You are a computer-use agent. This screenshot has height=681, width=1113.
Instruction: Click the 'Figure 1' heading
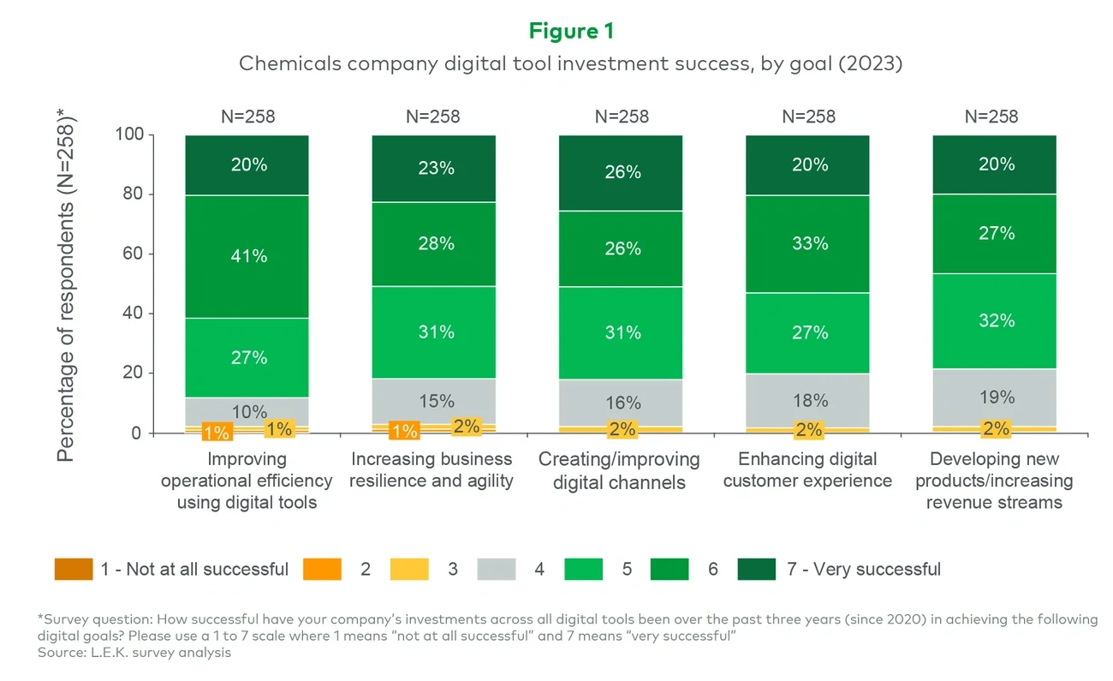pyautogui.click(x=571, y=31)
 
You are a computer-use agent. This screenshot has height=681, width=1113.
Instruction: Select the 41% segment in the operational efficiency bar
pyautogui.click(x=247, y=256)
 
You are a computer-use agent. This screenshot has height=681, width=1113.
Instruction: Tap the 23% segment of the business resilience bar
pyautogui.click(x=434, y=169)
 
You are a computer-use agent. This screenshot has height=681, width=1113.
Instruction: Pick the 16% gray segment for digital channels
pyautogui.click(x=621, y=403)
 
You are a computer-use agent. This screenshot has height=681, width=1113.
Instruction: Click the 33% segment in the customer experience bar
pyautogui.click(x=807, y=244)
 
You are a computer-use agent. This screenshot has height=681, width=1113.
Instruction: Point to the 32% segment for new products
pyautogui.click(x=994, y=320)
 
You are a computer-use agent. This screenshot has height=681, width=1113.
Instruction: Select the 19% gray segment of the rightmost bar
pyautogui.click(x=994, y=397)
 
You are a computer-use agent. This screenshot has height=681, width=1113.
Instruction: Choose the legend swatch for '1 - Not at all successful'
pyautogui.click(x=73, y=570)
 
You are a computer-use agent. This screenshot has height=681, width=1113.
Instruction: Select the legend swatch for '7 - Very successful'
pyautogui.click(x=756, y=570)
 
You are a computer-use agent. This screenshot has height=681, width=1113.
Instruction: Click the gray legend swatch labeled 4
pyautogui.click(x=497, y=570)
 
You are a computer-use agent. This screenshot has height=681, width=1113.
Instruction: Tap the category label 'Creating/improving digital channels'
pyautogui.click(x=619, y=471)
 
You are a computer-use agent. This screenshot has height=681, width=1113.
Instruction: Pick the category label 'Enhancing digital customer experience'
pyautogui.click(x=806, y=470)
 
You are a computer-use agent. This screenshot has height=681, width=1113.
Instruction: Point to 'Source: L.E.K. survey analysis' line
pyautogui.click(x=134, y=653)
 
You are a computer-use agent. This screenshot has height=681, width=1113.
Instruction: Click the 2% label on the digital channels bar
pyautogui.click(x=621, y=429)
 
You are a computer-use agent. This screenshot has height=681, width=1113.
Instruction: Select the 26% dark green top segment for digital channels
pyautogui.click(x=621, y=172)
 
